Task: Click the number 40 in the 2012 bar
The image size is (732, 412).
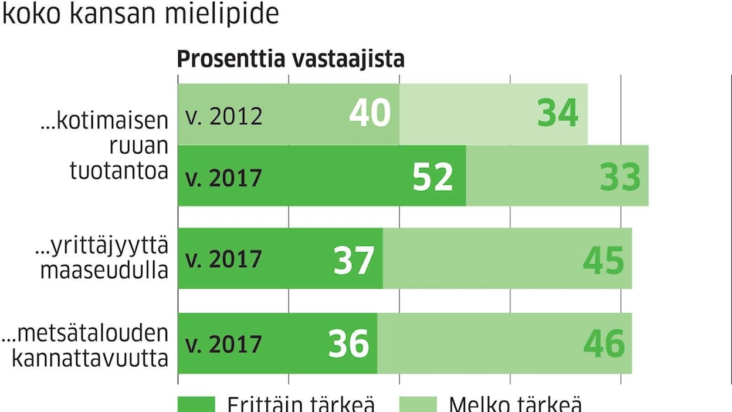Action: click(x=370, y=113)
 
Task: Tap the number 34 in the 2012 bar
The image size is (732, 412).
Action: click(x=558, y=113)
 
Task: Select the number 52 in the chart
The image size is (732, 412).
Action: click(x=433, y=177)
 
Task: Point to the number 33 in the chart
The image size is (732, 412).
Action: click(x=620, y=177)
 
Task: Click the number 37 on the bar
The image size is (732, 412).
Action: click(x=354, y=260)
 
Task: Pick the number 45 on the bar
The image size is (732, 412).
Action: click(x=604, y=260)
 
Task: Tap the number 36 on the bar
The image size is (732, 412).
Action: click(x=348, y=344)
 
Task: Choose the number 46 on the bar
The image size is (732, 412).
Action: click(x=604, y=344)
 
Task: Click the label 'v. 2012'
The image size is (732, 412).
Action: click(x=223, y=116)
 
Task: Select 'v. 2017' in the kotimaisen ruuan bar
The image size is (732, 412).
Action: click(x=223, y=177)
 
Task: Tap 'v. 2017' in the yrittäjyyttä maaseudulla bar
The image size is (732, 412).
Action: click(x=223, y=259)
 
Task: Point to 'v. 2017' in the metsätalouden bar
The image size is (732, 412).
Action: click(x=223, y=343)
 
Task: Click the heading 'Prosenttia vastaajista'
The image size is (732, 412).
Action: click(x=291, y=59)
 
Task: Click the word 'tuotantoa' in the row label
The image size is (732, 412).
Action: click(x=119, y=171)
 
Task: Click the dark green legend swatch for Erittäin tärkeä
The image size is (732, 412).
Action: click(x=196, y=404)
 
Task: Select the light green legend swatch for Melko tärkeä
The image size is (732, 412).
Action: click(x=418, y=404)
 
